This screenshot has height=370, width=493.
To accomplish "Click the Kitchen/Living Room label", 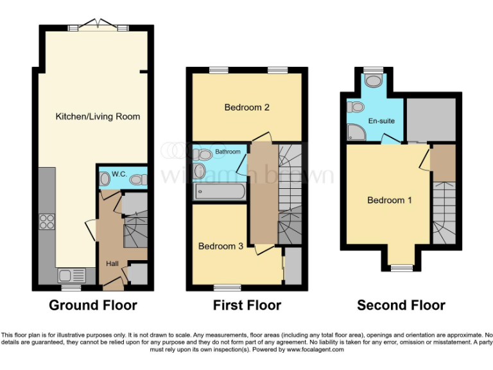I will coord(98,116).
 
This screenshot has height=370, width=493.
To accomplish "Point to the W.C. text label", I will coord(119,173).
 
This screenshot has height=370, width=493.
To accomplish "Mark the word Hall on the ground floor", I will coord(112,263).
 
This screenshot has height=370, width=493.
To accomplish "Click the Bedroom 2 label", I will coord(246,107).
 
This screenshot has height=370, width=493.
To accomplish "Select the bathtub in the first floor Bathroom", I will coord(218,191).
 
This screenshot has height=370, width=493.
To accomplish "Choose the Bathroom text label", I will coord(228,152).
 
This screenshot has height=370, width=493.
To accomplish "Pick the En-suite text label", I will coord(381,121).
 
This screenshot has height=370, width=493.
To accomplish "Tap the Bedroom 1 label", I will coord(390,200).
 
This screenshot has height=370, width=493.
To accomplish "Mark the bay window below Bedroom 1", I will coord(402,267).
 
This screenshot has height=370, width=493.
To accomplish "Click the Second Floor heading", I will coord(401,305).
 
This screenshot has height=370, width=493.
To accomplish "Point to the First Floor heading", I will coord(247,305).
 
